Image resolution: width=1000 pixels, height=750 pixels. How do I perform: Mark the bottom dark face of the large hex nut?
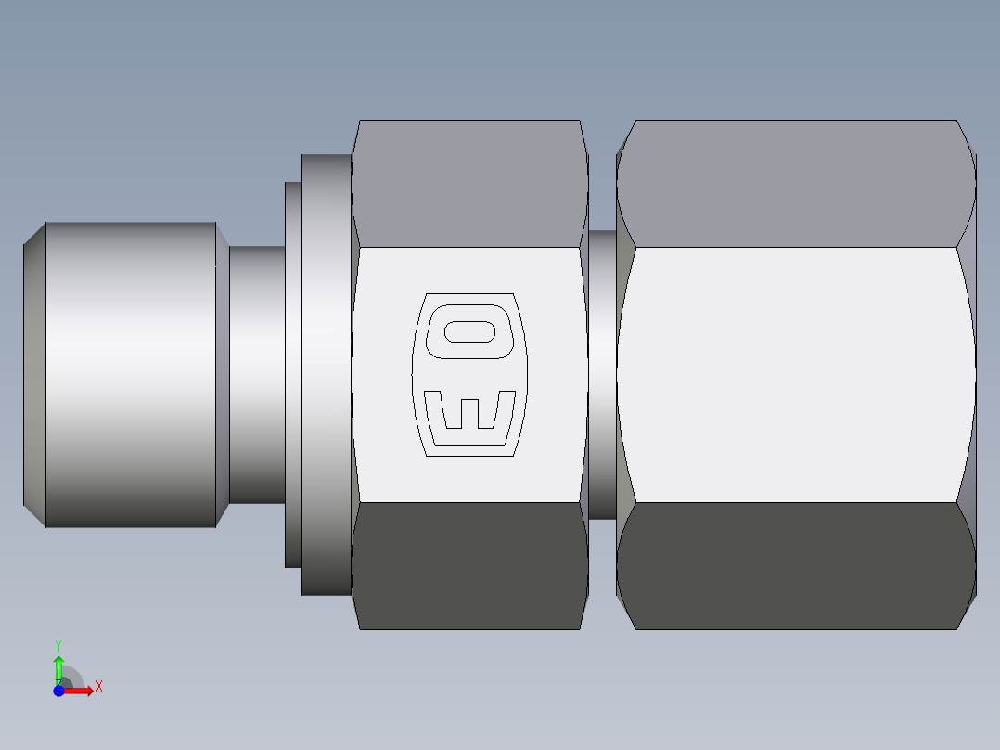796,566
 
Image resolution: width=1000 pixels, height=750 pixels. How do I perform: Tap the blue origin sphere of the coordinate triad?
58,691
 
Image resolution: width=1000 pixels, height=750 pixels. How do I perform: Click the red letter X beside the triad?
98,687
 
